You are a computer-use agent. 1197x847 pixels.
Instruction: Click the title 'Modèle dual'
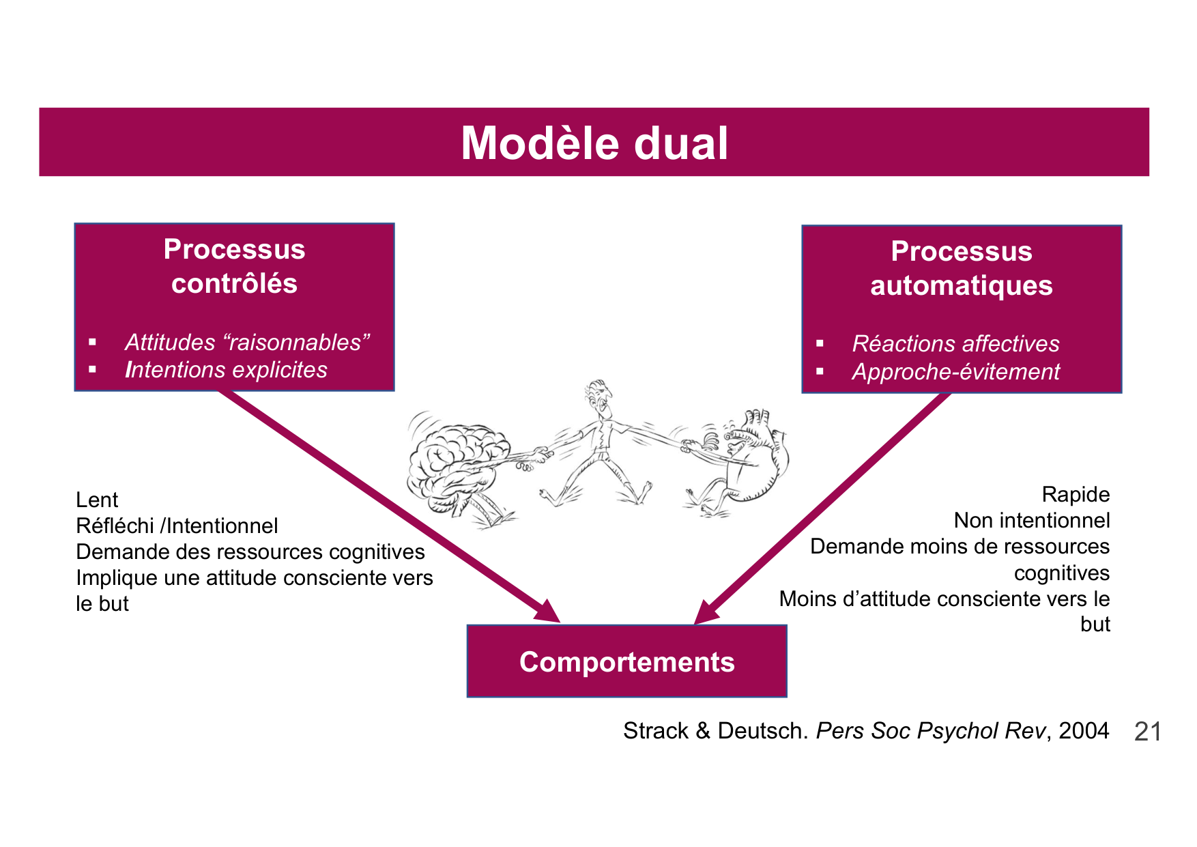tap(594, 143)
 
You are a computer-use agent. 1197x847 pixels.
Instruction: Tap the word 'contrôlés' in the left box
tap(234, 284)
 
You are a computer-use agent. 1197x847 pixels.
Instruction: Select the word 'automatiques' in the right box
tap(961, 285)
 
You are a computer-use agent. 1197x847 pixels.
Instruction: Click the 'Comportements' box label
tap(626, 662)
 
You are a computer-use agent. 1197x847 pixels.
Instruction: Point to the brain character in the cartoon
tap(454, 464)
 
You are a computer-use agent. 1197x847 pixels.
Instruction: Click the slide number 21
tap(1147, 732)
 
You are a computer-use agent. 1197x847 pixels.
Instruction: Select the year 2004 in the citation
tap(1084, 731)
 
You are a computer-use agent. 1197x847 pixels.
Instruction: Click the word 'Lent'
tap(97, 500)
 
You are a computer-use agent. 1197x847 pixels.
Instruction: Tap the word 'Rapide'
tap(1076, 495)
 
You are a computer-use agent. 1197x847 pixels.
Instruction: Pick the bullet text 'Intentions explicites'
tap(226, 370)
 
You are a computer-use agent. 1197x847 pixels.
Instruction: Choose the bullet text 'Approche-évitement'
tap(955, 372)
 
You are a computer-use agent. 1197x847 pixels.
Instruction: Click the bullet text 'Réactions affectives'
tap(955, 344)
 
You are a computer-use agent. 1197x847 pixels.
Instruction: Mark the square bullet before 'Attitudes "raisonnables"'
tap(93, 342)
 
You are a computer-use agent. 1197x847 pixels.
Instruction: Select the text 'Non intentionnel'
tap(1031, 521)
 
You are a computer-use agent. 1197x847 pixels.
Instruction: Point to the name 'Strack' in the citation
tap(656, 731)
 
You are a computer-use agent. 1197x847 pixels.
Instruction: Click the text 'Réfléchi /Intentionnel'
tap(177, 526)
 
